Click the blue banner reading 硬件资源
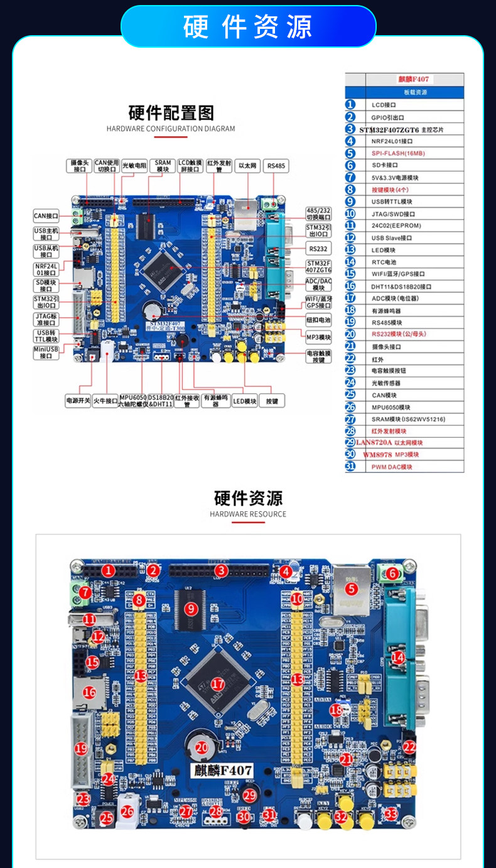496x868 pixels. [x=248, y=27]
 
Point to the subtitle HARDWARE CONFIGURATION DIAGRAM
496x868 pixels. [x=171, y=129]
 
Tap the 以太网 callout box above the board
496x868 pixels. [x=247, y=166]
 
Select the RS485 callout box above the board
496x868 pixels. [x=276, y=166]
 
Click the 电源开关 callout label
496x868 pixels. [x=78, y=400]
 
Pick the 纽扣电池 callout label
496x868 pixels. [x=318, y=320]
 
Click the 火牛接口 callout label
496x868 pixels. [x=105, y=400]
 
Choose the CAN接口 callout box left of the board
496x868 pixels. [x=46, y=216]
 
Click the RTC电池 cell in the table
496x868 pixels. [x=384, y=262]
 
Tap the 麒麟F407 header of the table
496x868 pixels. [x=414, y=80]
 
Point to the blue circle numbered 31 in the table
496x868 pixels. [x=350, y=467]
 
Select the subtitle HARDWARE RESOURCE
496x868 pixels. [x=248, y=514]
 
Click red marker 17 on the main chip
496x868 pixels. [x=218, y=683]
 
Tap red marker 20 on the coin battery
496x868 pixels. [x=202, y=747]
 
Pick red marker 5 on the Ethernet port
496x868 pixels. [x=351, y=589]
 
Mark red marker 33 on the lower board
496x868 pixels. [x=391, y=814]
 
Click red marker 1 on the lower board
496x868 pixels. [x=109, y=570]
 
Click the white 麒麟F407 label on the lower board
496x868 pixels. [x=222, y=771]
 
